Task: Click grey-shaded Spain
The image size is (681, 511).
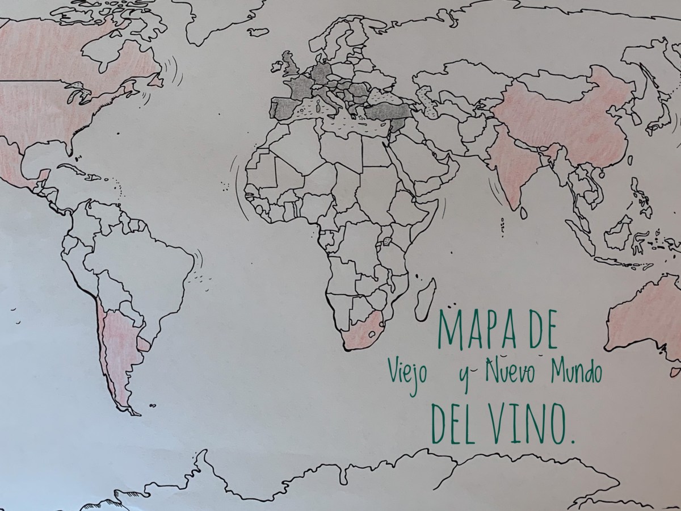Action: click(284, 108)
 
